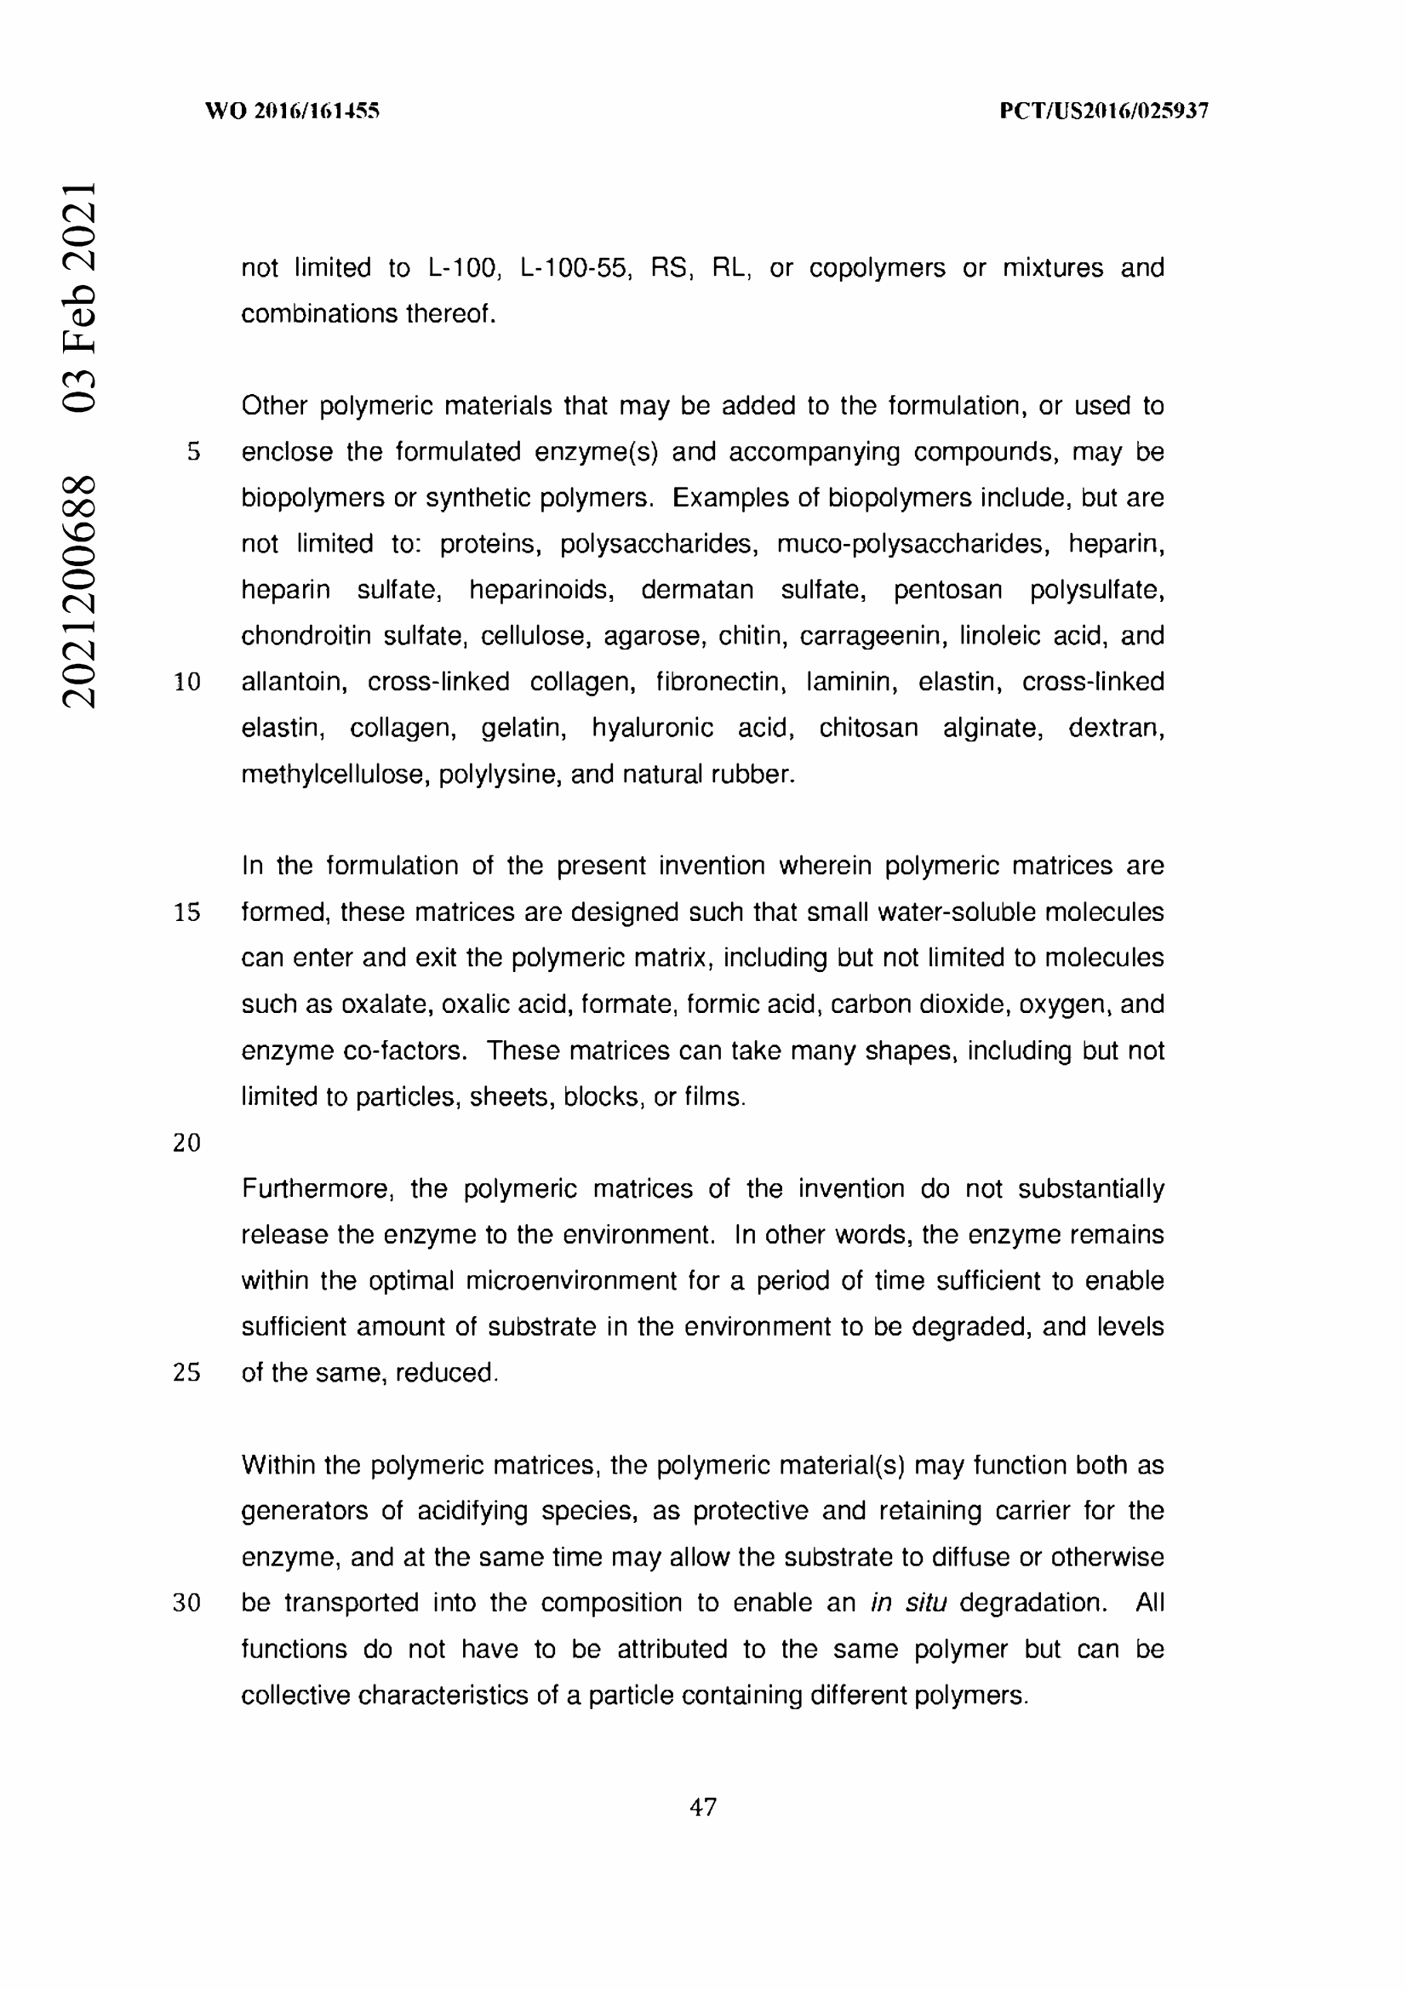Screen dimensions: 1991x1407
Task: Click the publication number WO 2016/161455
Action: (292, 111)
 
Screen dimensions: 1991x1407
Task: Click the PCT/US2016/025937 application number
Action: (1103, 111)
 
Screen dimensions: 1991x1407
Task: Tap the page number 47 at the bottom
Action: (702, 1807)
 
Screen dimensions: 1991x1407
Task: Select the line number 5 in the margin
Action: (193, 452)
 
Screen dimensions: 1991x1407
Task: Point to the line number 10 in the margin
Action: (187, 683)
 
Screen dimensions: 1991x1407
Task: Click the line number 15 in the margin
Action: (187, 913)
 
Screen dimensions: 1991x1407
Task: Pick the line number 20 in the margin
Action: (187, 1143)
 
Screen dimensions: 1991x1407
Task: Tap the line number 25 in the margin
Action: (187, 1373)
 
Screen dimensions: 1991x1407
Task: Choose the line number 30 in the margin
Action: (187, 1603)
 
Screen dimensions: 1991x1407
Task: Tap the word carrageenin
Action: (871, 637)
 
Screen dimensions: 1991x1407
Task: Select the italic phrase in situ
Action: (907, 1603)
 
